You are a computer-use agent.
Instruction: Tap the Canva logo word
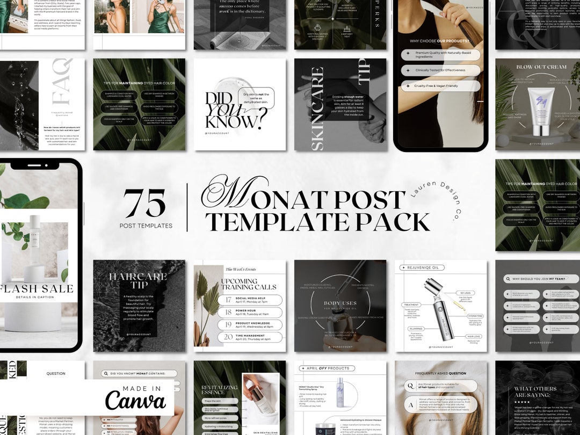pos(135,401)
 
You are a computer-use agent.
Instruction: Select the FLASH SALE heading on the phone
pos(37,289)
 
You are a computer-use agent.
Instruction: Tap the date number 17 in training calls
pos(228,300)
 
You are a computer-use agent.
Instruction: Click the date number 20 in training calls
pos(228,337)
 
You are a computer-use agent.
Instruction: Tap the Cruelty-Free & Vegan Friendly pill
pos(440,86)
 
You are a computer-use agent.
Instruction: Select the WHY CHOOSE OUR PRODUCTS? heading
pos(440,40)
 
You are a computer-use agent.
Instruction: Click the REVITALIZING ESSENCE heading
pos(219,389)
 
